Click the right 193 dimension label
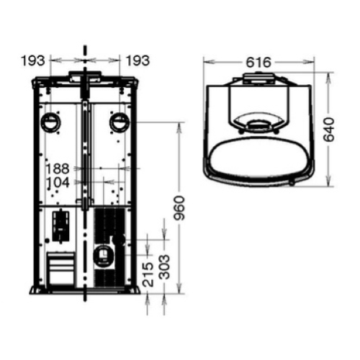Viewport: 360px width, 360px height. (138, 60)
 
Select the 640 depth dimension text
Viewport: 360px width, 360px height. (330, 128)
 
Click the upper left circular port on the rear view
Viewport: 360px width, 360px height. (51, 122)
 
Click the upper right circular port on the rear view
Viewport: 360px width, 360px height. (119, 122)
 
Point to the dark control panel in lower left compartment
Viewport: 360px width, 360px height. (62, 222)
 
